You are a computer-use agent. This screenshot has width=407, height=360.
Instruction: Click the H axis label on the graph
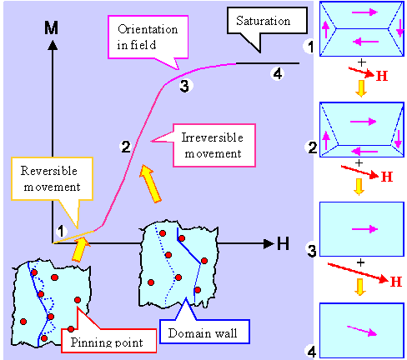pos(283,244)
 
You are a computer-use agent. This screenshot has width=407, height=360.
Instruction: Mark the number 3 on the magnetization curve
pos(185,85)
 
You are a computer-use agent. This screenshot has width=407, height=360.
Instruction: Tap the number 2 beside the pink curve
pos(125,147)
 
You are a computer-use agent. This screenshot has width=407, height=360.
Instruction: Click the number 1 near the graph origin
pos(61,231)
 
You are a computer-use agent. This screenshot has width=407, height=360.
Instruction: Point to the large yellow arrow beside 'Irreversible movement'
pos(148,182)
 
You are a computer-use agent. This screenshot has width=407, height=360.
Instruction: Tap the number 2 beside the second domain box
pos(312,148)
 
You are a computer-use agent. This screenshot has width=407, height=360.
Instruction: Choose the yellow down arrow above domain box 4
pos(360,287)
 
